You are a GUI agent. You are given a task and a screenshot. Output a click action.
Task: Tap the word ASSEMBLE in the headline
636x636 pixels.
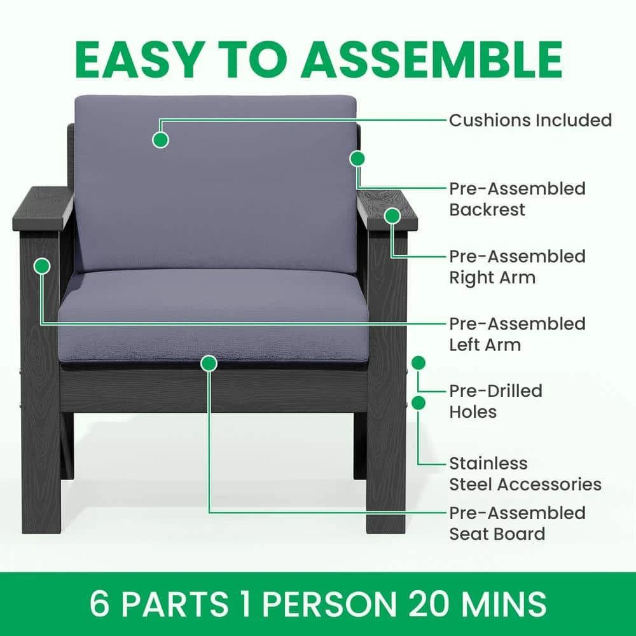click(432, 59)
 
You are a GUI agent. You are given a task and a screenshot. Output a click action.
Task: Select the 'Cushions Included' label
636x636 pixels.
click(530, 120)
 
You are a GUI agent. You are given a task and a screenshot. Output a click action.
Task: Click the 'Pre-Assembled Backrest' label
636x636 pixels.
click(517, 198)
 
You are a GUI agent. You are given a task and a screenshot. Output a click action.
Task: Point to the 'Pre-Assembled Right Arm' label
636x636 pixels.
click(517, 266)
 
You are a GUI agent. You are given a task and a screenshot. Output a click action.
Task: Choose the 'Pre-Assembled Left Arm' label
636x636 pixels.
click(517, 335)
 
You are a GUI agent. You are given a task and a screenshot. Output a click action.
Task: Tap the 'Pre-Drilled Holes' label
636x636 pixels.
click(495, 401)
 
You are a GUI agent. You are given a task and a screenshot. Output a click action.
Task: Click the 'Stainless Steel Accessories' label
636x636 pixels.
click(525, 473)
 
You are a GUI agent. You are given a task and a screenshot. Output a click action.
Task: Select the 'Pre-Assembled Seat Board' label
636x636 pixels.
click(517, 523)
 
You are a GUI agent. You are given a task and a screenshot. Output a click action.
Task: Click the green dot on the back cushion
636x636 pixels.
click(161, 140)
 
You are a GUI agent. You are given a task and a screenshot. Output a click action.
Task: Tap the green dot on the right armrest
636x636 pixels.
click(392, 216)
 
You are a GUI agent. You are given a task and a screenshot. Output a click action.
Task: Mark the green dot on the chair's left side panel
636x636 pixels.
click(42, 266)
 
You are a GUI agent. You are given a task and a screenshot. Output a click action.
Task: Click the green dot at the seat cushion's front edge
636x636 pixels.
click(209, 363)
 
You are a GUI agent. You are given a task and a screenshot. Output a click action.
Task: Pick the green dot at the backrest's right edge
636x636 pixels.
click(357, 158)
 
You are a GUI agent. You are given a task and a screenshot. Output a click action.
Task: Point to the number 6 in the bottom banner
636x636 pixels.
click(100, 604)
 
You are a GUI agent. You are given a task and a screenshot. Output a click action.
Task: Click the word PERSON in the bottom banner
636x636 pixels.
click(329, 604)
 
